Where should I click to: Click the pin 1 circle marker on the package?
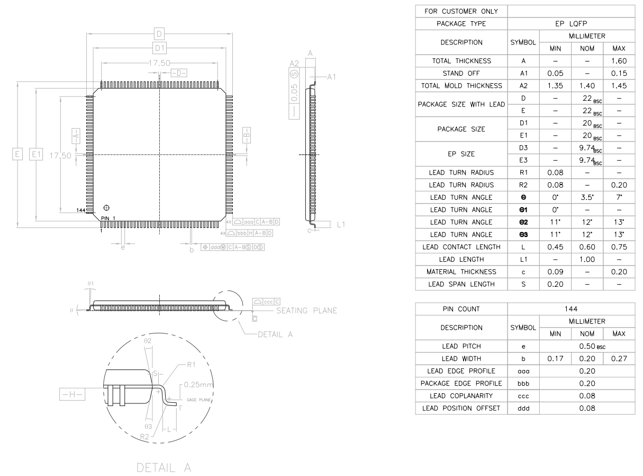point(107,207)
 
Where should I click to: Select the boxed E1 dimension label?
point(36,155)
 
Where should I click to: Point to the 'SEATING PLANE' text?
point(306,311)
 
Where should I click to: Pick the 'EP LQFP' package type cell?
point(571,24)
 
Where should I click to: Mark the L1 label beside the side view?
point(340,225)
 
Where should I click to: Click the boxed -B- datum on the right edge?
point(247,135)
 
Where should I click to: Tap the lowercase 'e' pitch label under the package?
point(123,247)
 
